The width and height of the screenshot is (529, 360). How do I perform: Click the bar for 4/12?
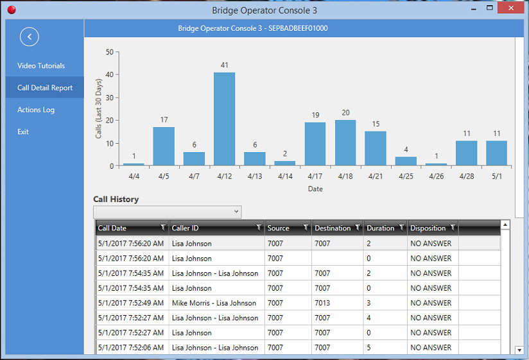pos(224,119)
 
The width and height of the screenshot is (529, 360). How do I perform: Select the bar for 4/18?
pos(345,143)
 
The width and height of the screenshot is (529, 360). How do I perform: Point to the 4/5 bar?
pos(164,146)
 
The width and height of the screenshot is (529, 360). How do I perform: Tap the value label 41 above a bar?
pos(224,65)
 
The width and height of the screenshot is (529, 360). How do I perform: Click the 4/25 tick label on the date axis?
pos(406,176)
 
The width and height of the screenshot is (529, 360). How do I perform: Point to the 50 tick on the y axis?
pos(110,52)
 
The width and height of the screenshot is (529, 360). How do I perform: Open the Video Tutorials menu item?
pos(41,66)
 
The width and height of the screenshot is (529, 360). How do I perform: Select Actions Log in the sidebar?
pos(36,110)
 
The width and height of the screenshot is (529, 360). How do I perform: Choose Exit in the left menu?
pos(23,132)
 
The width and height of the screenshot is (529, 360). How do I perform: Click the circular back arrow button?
pos(30,37)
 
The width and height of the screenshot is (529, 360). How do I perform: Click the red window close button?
pos(511,9)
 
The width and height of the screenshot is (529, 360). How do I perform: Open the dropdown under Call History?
pos(167,212)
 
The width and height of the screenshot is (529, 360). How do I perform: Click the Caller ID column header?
pos(212,228)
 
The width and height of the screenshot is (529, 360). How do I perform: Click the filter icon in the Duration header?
pos(402,228)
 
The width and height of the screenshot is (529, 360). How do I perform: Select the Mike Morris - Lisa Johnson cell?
pos(214,303)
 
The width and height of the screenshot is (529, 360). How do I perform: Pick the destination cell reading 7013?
pos(322,303)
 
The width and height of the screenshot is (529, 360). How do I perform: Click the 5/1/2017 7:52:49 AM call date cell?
pos(131,303)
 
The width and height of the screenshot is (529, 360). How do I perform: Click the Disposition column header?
pos(428,228)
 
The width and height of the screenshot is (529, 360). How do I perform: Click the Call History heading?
pos(116,200)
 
